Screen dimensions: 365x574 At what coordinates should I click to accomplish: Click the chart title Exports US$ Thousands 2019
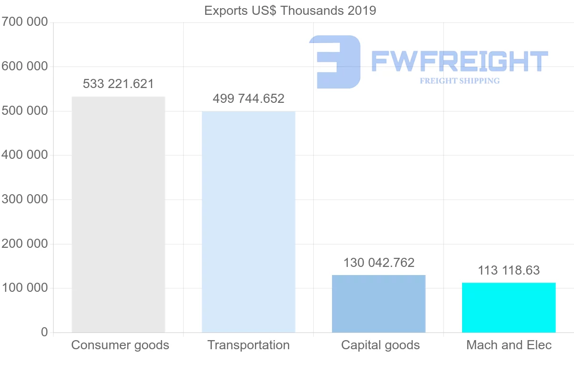(290, 11)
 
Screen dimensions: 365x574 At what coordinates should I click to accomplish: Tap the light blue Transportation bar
(248, 222)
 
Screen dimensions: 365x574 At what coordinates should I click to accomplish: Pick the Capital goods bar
(378, 304)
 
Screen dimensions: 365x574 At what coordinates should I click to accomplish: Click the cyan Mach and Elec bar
(508, 308)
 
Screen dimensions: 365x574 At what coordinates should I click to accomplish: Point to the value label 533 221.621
(118, 84)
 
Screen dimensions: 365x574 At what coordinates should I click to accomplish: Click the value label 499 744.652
(248, 99)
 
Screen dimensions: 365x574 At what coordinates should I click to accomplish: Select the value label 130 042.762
(378, 263)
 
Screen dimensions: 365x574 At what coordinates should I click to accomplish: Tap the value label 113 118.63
(508, 270)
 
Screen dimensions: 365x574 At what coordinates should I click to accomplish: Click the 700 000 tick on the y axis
(24, 22)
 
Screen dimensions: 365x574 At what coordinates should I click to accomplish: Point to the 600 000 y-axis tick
(24, 66)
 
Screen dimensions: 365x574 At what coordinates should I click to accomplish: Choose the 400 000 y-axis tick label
(24, 155)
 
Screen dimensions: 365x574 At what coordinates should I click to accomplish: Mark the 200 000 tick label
(24, 244)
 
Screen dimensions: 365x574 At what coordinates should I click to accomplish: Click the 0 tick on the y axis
(44, 332)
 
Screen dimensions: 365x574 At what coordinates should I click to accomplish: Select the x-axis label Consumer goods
(120, 345)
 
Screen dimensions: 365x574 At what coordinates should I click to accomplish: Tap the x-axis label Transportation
(248, 345)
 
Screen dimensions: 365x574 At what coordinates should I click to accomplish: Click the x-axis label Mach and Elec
(508, 345)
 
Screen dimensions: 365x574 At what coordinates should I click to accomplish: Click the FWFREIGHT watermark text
(459, 61)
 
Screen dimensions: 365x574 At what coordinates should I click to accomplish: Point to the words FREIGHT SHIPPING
(459, 81)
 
